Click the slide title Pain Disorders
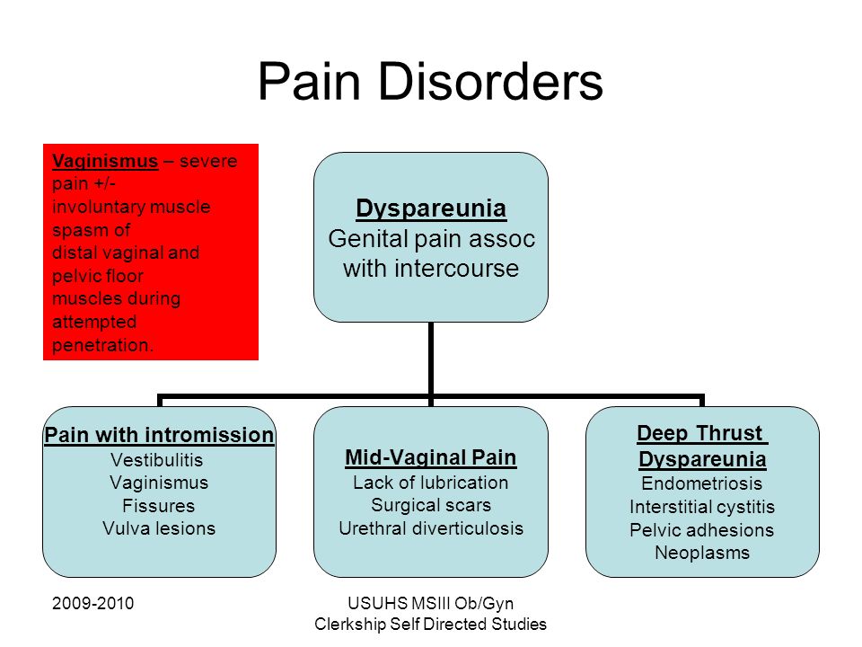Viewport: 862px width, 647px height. [x=430, y=82]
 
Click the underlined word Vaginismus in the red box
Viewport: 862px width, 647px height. [x=105, y=161]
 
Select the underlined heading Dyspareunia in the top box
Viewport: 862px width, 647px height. [x=431, y=208]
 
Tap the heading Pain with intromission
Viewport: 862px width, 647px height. [x=159, y=435]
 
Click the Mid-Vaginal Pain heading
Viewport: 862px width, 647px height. [x=431, y=457]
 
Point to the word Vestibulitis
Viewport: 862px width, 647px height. [x=156, y=460]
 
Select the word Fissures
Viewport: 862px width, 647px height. [x=158, y=506]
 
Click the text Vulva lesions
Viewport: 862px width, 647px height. [x=159, y=528]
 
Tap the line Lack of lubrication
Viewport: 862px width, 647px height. [x=430, y=483]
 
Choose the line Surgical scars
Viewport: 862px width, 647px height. [x=431, y=505]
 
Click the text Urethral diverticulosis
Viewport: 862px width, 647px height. [x=431, y=528]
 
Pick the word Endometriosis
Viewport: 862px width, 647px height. [x=702, y=483]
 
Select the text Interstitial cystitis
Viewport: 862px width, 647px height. [x=702, y=507]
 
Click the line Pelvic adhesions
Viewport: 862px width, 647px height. [x=702, y=530]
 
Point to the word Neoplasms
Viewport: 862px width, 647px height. [x=702, y=553]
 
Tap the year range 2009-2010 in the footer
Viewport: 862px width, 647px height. [x=92, y=604]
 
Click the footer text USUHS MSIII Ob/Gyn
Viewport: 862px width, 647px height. [x=431, y=604]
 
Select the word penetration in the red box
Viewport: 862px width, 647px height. [x=102, y=345]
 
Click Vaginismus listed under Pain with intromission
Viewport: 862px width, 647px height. [x=159, y=483]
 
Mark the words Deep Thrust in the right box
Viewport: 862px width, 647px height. [x=699, y=433]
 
